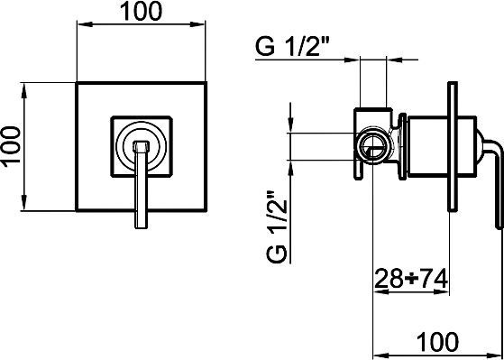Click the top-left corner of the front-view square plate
click(78, 84)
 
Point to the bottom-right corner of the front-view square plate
click(205, 205)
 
